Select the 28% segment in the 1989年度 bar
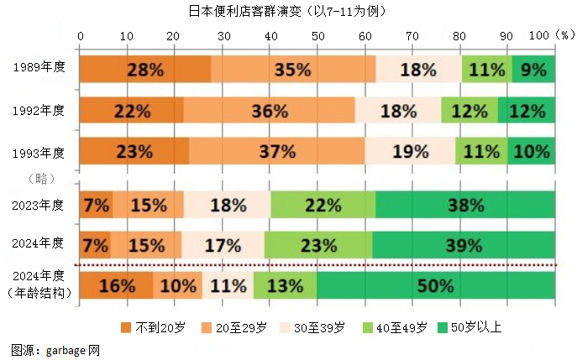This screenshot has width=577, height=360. [144, 70]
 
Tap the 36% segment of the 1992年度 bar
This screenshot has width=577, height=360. [270, 111]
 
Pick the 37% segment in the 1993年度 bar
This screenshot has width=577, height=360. [277, 152]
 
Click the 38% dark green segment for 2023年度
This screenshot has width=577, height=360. [465, 205]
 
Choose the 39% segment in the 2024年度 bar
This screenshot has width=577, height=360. [464, 245]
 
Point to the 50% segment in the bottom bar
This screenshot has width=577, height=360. [436, 285]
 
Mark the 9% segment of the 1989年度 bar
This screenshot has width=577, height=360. [534, 70]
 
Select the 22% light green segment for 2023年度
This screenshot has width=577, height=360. [323, 205]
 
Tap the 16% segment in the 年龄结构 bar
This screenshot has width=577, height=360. [117, 285]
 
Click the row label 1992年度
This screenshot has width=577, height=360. [39, 110]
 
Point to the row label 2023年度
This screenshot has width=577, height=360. [39, 205]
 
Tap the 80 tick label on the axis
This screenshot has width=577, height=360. [459, 36]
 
